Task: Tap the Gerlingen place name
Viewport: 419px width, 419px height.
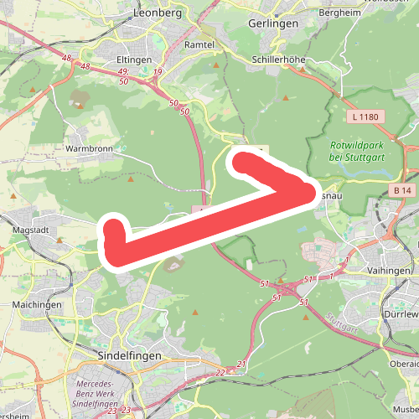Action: tap(274, 24)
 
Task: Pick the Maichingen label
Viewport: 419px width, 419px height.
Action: tap(38, 304)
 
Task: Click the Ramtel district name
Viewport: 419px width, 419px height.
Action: tap(199, 44)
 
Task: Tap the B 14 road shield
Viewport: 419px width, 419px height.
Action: tap(403, 191)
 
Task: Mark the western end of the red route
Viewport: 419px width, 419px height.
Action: tap(114, 243)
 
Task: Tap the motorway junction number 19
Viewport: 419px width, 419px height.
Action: tap(158, 73)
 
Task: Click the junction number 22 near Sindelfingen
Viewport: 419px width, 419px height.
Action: tap(220, 372)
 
